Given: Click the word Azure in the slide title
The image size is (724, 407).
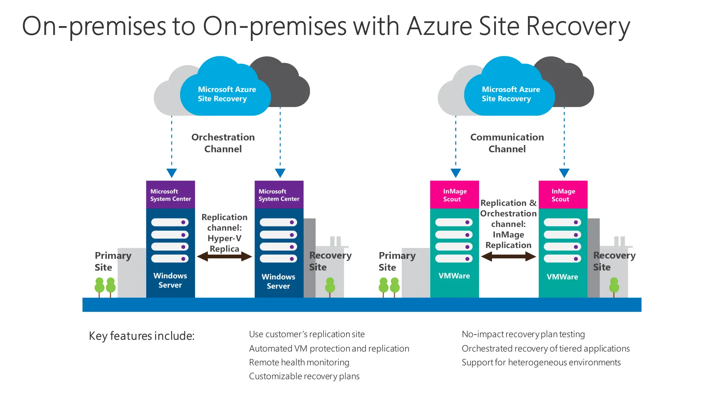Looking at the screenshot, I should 439,26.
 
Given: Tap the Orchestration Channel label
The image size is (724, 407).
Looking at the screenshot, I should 223,143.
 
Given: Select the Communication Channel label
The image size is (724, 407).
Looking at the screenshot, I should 507,143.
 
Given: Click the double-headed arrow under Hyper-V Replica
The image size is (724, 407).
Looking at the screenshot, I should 224,256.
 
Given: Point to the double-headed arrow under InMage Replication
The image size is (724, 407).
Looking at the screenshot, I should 508,256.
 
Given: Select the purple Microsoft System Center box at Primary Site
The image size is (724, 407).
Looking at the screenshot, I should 170,195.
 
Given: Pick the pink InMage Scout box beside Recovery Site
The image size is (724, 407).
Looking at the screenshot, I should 563,195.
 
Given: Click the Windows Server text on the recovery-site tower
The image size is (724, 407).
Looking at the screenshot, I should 278,281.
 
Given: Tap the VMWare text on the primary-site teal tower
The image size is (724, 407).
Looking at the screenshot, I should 454,276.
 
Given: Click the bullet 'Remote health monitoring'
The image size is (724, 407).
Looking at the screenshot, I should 299,362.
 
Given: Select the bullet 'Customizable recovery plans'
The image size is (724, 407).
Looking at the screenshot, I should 304,376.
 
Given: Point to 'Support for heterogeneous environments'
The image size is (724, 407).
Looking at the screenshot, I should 541,362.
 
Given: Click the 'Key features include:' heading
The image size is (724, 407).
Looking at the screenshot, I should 142,336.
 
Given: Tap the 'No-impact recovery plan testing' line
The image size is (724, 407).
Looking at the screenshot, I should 523,334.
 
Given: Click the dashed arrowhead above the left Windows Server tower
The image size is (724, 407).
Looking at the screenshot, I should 171,173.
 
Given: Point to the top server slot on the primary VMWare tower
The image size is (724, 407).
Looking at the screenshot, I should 454,222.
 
